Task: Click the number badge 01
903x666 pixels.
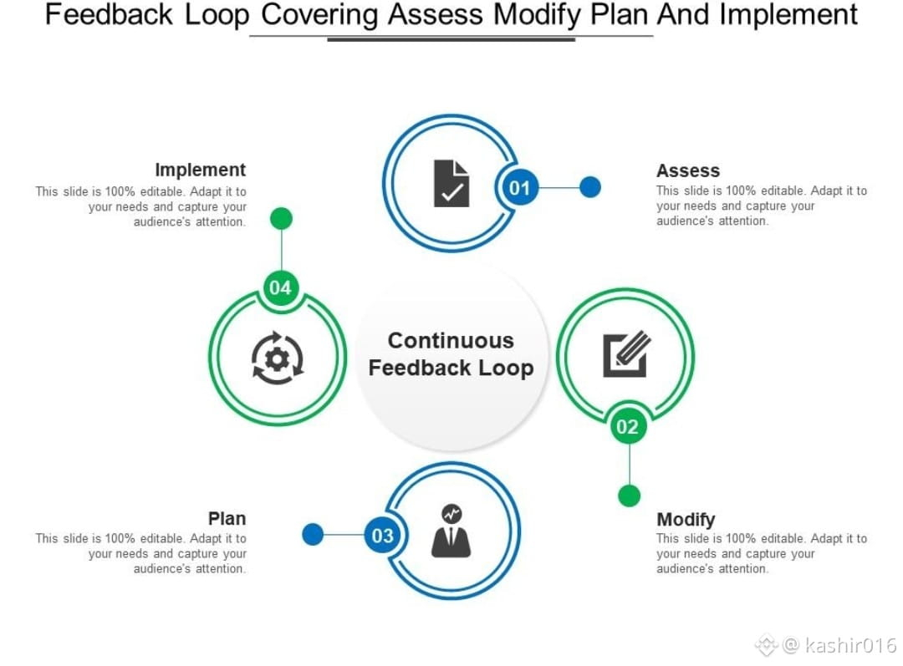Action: pos(519,188)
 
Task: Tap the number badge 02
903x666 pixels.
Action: pos(627,428)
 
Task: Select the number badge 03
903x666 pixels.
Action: pos(382,536)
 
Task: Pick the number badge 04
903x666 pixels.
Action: pos(280,288)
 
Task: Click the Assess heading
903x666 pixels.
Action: pos(687,170)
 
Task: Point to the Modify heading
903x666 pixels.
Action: pos(686,519)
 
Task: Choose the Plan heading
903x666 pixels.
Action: pos(227,518)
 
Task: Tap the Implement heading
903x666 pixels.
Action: pos(201,170)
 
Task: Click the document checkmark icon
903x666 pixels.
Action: pos(451,184)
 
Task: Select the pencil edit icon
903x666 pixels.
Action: pos(626,354)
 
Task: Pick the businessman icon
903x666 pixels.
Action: pos(451,531)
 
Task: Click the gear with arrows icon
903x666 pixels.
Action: pos(278,358)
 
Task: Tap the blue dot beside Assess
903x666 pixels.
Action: pos(590,187)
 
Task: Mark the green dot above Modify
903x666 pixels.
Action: pos(629,496)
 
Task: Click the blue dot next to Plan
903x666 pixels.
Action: pos(313,535)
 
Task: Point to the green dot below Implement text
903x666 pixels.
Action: pos(282,219)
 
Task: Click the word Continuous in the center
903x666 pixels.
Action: pos(451,340)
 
